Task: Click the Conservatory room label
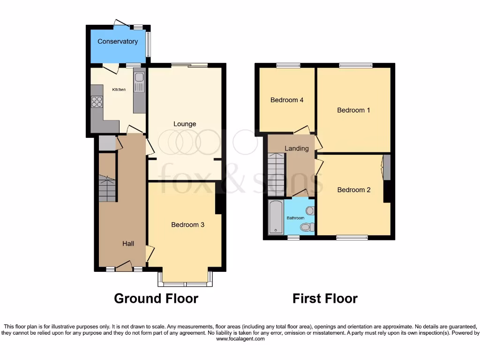(118, 42)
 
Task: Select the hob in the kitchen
(97, 101)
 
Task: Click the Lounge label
(185, 124)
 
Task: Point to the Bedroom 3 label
(187, 225)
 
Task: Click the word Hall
(128, 244)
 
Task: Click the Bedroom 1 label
(354, 111)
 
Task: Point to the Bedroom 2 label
(354, 190)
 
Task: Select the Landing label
(297, 149)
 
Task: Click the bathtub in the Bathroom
(275, 217)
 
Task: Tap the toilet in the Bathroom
(307, 227)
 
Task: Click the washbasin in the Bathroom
(310, 210)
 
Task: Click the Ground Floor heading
(156, 299)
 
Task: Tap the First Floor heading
(325, 299)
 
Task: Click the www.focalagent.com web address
(240, 339)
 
